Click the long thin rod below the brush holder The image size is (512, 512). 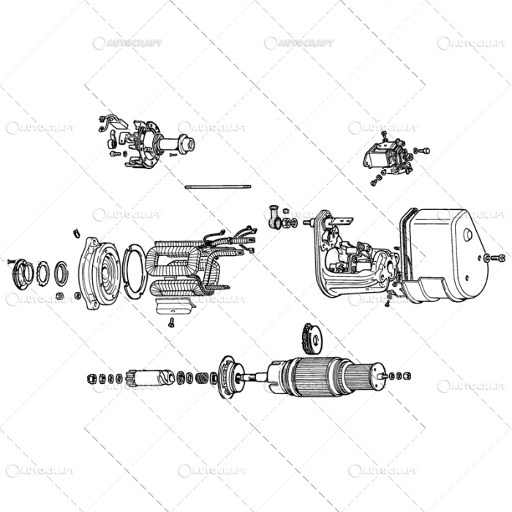[219, 187]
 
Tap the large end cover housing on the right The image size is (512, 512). [446, 249]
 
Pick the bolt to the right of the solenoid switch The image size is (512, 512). [422, 151]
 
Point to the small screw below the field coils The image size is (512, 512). [171, 323]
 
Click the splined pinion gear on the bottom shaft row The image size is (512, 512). [146, 378]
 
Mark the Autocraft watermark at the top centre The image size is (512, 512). [298, 43]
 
